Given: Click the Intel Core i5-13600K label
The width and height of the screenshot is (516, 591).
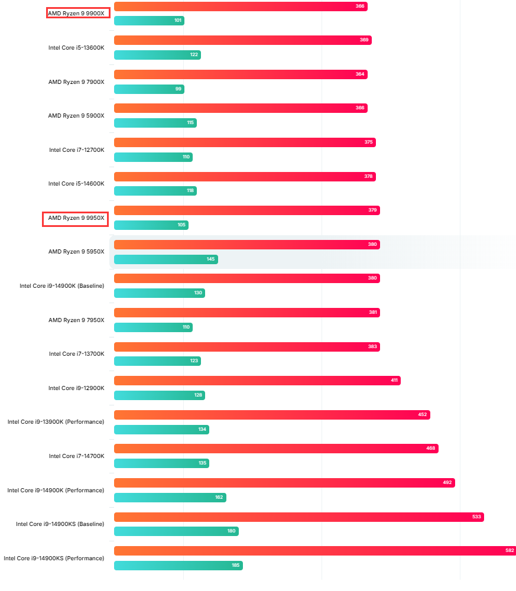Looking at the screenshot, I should [x=76, y=47].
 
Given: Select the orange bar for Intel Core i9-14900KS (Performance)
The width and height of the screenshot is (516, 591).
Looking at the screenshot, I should [x=313, y=551].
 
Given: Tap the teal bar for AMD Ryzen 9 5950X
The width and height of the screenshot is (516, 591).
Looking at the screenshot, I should [x=165, y=259].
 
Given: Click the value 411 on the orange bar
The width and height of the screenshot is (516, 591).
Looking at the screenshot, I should [x=394, y=381].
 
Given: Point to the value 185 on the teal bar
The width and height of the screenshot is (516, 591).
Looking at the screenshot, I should [x=236, y=566].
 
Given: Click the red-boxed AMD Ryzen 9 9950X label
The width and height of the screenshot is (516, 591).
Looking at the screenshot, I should [x=76, y=218].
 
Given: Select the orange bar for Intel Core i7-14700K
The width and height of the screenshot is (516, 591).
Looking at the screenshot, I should [x=275, y=449].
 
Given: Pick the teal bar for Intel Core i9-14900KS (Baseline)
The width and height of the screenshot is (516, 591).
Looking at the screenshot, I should [x=176, y=531].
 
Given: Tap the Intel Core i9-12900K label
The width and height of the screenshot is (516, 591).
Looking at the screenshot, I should [x=76, y=388].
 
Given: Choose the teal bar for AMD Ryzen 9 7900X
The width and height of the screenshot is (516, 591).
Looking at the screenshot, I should [x=148, y=89].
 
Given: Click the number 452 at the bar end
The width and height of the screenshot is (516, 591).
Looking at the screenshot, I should [x=423, y=415].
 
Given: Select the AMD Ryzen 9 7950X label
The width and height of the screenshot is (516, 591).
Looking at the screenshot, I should [x=76, y=320].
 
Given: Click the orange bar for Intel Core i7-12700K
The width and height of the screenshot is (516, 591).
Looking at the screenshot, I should [x=244, y=142].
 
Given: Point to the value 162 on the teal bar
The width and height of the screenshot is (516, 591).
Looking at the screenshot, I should [x=219, y=498].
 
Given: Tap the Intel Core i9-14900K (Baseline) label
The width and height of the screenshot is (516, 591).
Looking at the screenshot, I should [x=62, y=286].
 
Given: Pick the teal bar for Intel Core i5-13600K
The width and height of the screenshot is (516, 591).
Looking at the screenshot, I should [x=157, y=55].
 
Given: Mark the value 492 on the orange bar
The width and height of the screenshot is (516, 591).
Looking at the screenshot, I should [x=447, y=483].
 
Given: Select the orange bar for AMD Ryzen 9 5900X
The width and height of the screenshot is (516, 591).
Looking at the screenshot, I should [x=240, y=108].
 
